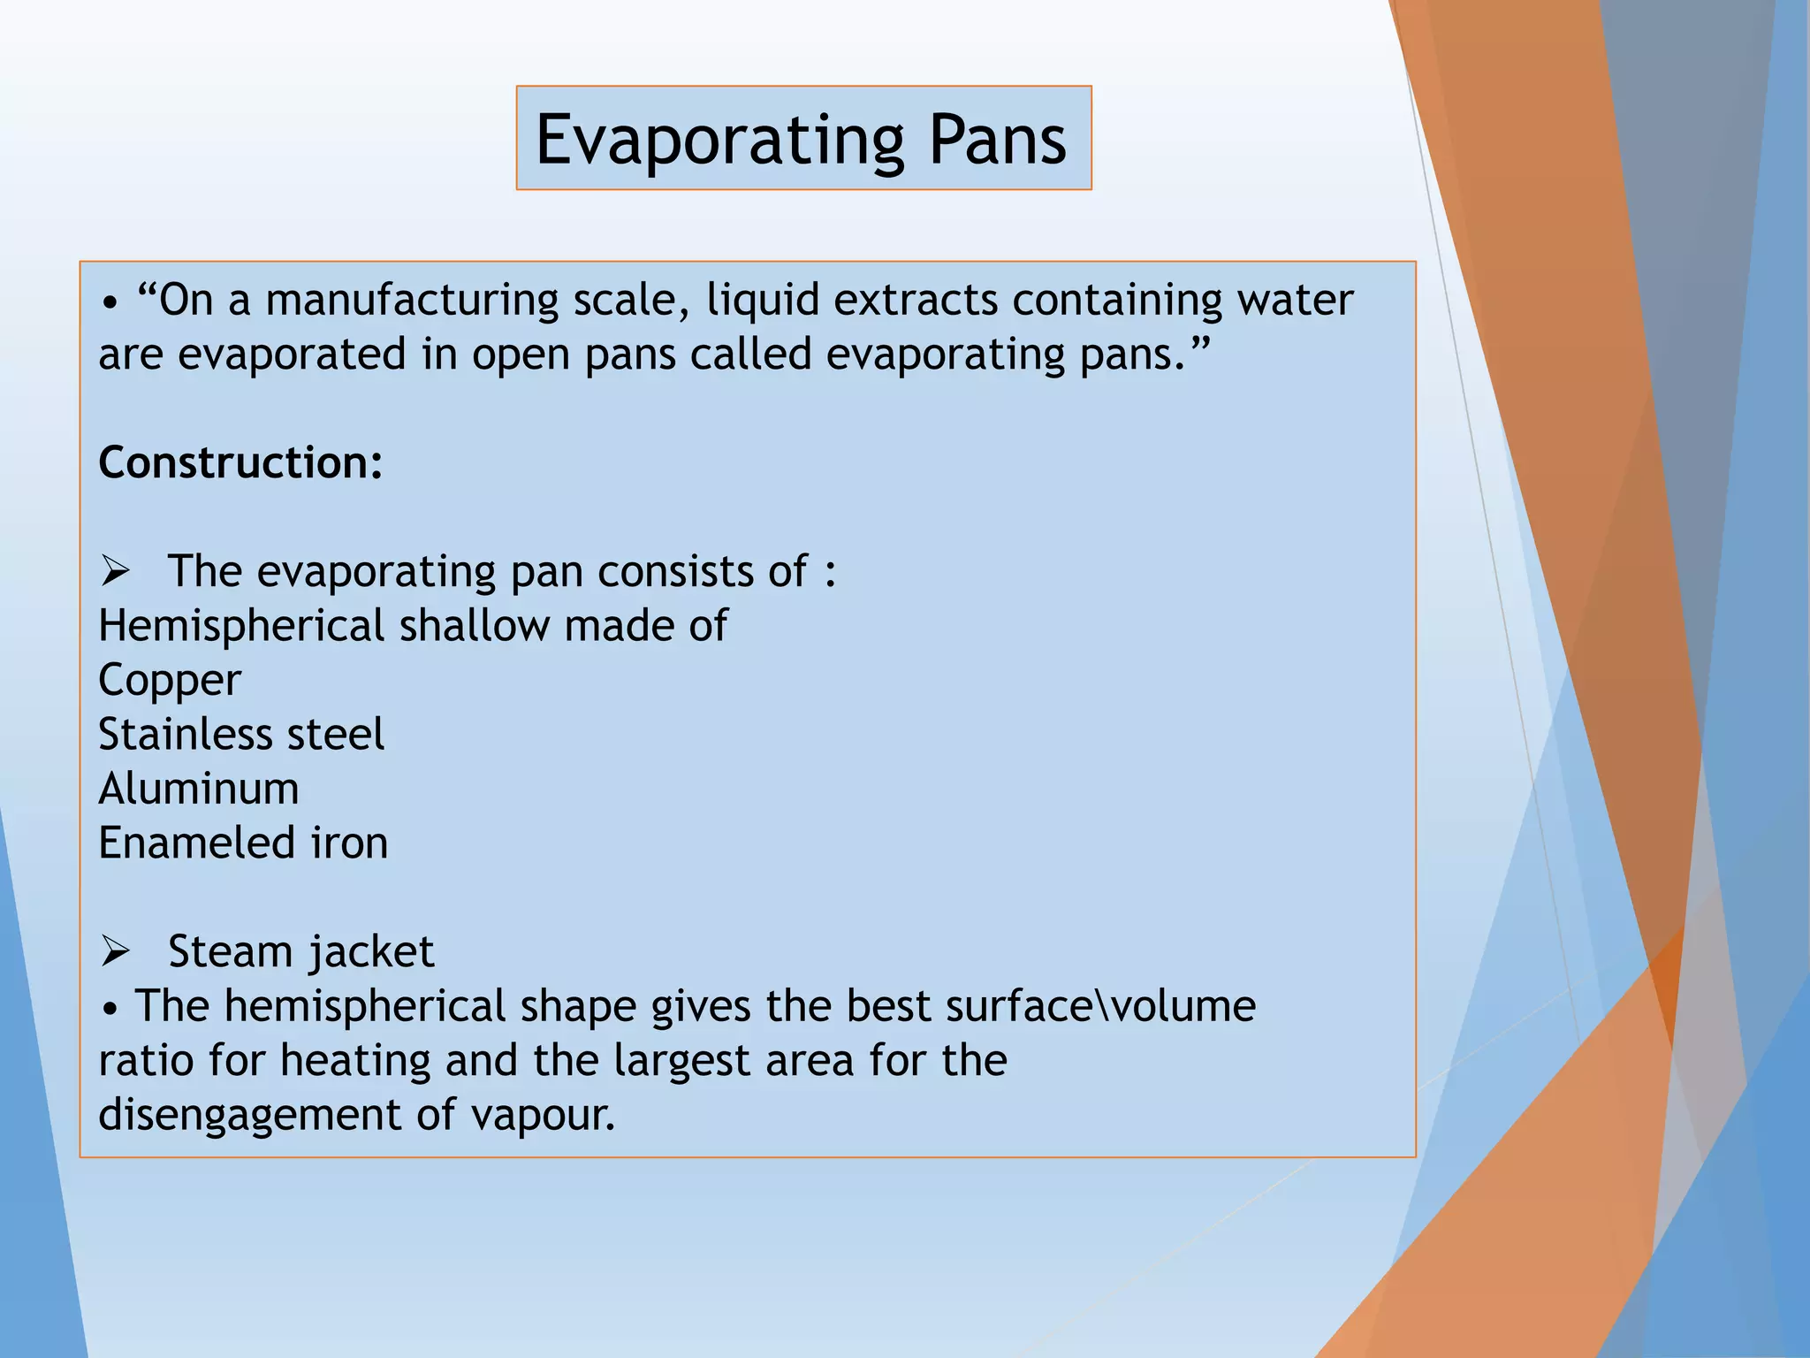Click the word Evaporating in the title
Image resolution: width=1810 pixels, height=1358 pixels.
(719, 140)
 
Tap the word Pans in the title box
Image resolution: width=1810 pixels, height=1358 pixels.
(997, 140)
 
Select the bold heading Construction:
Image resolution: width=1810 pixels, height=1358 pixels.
(240, 462)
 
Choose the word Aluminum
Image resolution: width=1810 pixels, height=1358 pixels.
(199, 789)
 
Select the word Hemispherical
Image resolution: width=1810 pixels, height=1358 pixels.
(241, 626)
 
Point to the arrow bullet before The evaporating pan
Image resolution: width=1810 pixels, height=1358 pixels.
(116, 572)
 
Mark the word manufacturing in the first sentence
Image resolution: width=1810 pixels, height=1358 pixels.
(412, 301)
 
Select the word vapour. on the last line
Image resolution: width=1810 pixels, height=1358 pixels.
(543, 1116)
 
